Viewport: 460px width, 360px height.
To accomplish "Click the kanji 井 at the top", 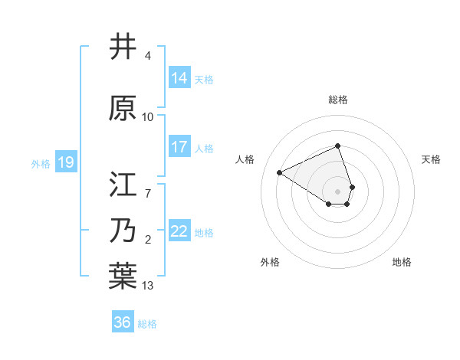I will click(123, 47).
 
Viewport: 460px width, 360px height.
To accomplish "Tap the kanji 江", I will click(123, 185).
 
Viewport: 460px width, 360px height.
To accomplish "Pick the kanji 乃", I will click(123, 231).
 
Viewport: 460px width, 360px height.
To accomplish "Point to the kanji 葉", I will click(123, 277).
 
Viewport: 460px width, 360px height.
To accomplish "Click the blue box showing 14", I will click(179, 78).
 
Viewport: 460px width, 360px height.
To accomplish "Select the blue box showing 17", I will click(179, 147).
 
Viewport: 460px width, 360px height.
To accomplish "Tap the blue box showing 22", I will click(179, 231).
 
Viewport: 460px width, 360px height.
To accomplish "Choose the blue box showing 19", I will click(65, 162).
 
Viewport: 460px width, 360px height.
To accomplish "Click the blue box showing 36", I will click(123, 322).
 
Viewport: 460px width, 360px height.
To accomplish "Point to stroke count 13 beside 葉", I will click(148, 286).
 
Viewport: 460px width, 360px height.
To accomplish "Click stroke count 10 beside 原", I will click(148, 117).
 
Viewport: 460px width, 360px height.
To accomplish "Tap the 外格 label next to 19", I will click(41, 163).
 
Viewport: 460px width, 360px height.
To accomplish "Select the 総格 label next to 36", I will click(147, 324).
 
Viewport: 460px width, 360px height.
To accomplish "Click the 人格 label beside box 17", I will click(204, 148).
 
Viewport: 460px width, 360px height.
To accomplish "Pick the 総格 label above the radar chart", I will click(338, 100).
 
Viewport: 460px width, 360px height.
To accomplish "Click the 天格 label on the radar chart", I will click(432, 159).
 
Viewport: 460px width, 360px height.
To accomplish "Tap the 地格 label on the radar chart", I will click(402, 262).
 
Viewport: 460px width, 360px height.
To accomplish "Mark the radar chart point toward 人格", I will click(280, 172).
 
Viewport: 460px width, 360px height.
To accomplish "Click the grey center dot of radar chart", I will click(338, 191).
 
